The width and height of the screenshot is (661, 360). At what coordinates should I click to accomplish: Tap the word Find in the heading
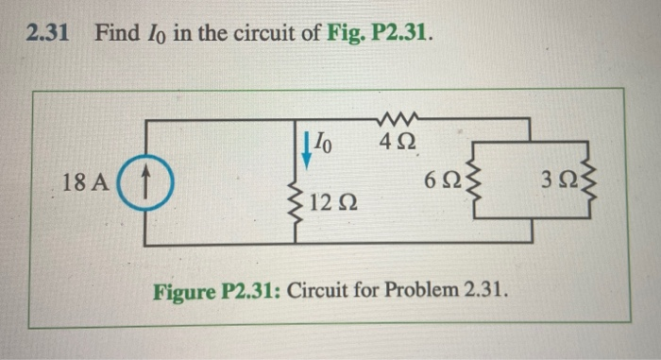point(118,34)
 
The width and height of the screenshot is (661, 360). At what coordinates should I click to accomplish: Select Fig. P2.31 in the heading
point(383,34)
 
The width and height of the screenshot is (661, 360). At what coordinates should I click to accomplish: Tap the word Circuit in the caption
point(317,286)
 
